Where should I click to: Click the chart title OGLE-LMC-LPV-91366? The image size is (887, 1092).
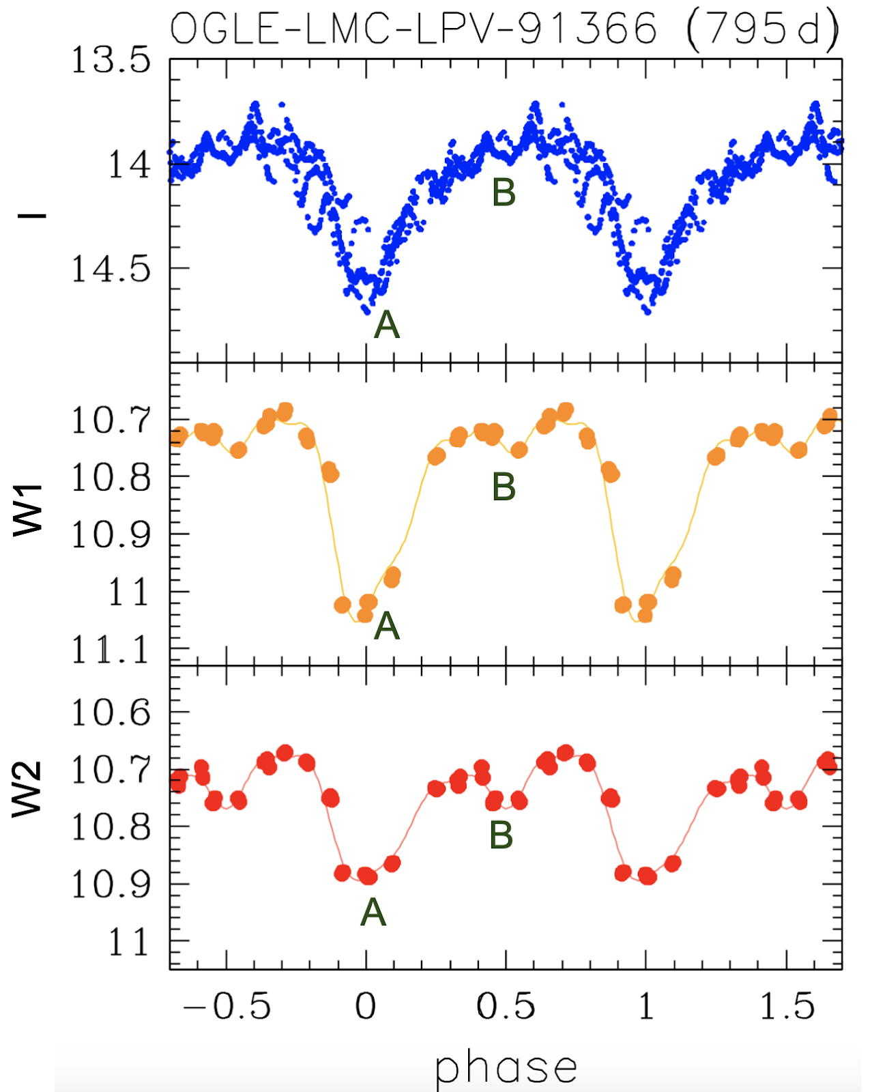413,30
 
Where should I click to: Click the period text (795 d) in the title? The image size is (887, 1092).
762,30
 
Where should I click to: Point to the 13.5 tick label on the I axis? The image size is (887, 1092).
111,60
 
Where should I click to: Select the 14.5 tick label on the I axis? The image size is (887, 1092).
111,269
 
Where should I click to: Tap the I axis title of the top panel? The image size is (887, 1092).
31,216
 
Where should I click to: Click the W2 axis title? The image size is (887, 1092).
29,789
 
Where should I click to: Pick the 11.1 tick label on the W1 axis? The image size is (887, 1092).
111,650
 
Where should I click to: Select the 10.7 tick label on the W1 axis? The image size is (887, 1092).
111,420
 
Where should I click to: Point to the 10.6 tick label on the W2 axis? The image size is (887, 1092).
111,713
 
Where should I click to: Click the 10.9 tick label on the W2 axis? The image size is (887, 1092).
111,885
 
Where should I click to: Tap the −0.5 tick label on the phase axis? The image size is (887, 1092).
227,1007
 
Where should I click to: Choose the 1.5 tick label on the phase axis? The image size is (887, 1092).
787,1007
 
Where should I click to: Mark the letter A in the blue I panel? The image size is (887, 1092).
387,324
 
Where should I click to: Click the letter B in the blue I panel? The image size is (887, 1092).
504,192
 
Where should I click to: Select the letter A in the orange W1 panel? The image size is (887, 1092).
387,624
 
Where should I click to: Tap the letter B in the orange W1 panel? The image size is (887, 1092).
504,487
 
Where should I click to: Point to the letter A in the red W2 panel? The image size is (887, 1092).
373,912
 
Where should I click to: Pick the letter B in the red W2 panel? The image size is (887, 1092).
501,835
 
